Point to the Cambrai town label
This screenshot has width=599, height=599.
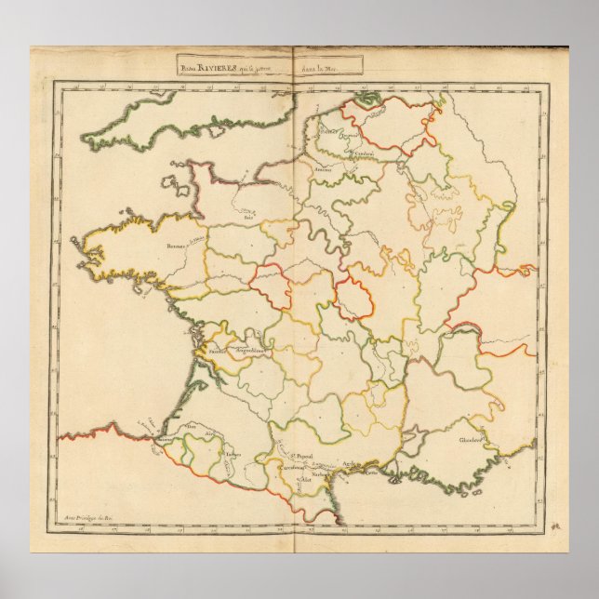366,153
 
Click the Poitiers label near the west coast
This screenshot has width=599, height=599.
220,352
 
